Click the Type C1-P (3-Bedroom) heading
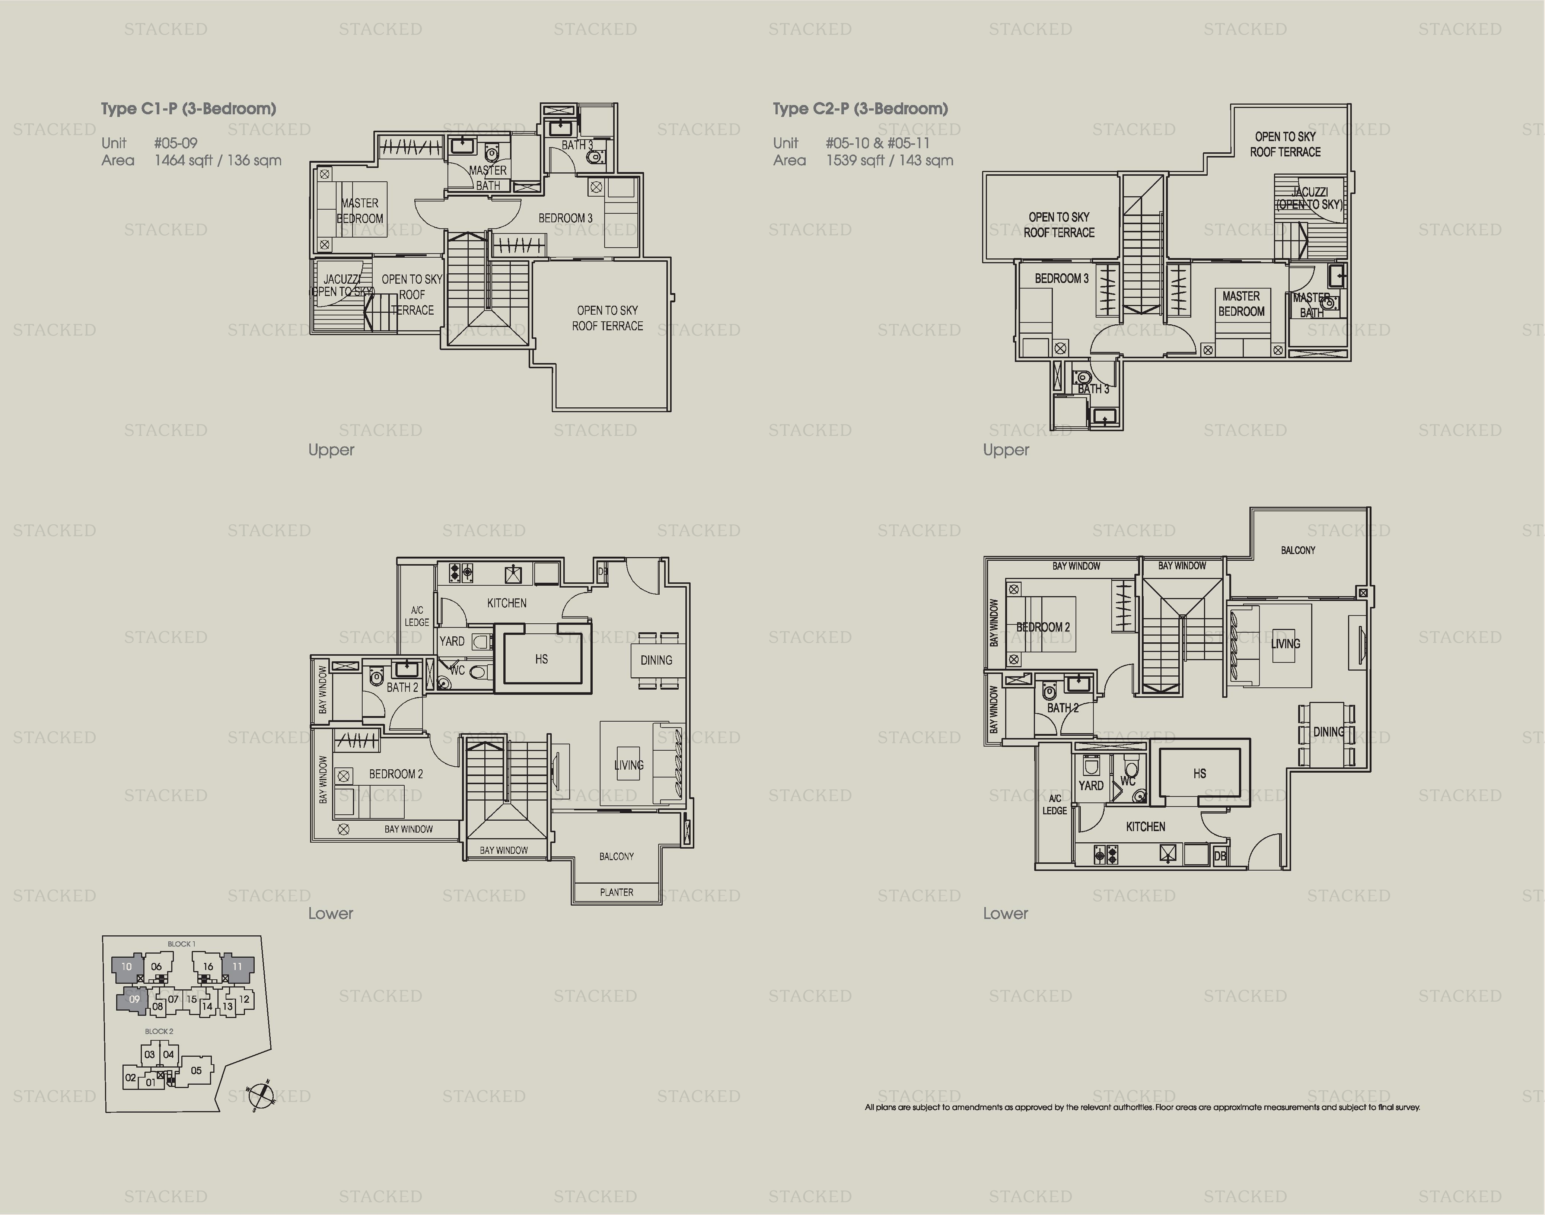[x=188, y=109]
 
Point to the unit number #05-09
[x=176, y=143]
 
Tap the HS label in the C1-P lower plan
[x=541, y=659]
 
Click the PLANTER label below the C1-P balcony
[x=616, y=892]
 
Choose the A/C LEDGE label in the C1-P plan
[x=417, y=616]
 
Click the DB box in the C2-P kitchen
[x=1220, y=856]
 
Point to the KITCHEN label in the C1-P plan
[x=506, y=603]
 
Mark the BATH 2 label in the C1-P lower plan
[x=402, y=687]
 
